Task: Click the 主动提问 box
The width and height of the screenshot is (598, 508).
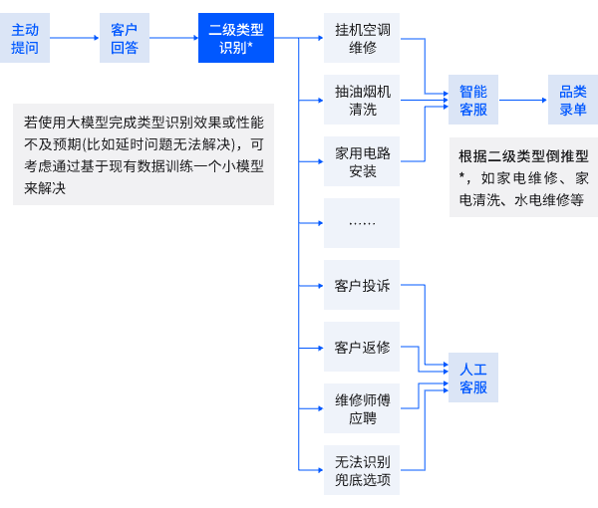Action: click(25, 38)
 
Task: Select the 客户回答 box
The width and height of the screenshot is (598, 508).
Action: click(125, 38)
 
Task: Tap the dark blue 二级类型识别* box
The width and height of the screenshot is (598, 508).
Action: click(235, 38)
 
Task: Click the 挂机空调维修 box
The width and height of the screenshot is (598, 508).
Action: click(362, 38)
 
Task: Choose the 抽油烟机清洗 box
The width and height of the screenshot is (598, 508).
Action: click(362, 100)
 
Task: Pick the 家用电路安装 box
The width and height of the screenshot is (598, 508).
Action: click(362, 161)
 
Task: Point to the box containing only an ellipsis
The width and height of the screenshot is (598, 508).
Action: click(362, 223)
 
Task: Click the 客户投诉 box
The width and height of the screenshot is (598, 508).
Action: click(362, 286)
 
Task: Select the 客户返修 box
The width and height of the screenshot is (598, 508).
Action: click(362, 348)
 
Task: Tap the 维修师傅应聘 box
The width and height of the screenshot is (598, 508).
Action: click(362, 409)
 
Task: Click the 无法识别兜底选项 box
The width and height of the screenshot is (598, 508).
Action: click(362, 471)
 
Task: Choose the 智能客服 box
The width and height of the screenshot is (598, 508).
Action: click(473, 100)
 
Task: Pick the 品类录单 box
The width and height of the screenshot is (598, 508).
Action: click(573, 100)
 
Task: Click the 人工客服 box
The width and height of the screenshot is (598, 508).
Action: click(473, 378)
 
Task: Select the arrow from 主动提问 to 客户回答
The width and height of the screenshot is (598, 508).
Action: click(74, 38)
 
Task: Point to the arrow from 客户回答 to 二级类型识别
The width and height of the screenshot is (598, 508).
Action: click(173, 38)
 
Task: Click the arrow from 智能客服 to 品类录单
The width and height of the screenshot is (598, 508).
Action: click(523, 100)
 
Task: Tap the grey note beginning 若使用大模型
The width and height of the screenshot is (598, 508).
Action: click(144, 154)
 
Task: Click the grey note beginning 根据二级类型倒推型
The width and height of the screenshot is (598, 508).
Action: click(523, 177)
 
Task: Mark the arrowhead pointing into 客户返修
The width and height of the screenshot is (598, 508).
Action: click(319, 348)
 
